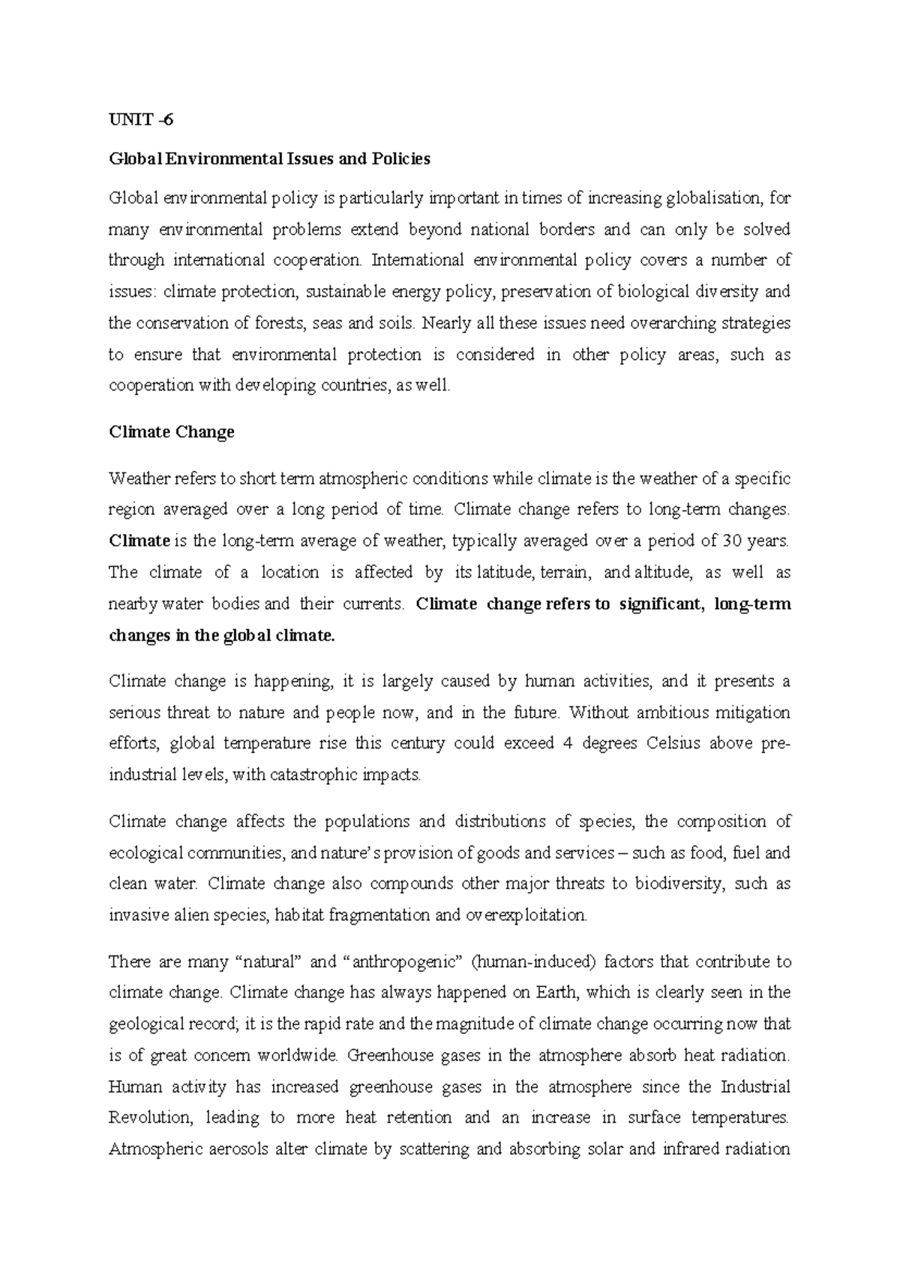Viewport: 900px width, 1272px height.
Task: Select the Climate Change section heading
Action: tap(172, 432)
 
